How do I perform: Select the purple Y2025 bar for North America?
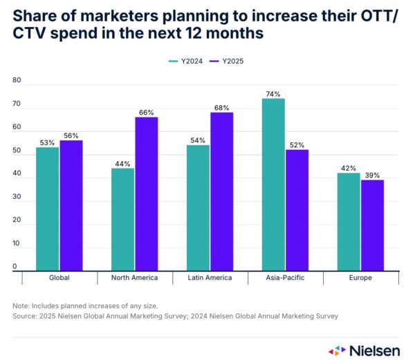(x=147, y=193)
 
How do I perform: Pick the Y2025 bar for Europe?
(x=372, y=225)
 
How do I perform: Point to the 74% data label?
(x=274, y=93)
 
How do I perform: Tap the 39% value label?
(x=373, y=174)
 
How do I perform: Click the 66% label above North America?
(x=147, y=112)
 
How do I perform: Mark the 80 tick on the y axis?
(x=17, y=81)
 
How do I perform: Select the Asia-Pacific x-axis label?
(x=286, y=278)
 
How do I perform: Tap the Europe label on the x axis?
(x=360, y=278)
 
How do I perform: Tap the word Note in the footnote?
(x=20, y=305)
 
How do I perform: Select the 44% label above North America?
(x=123, y=164)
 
